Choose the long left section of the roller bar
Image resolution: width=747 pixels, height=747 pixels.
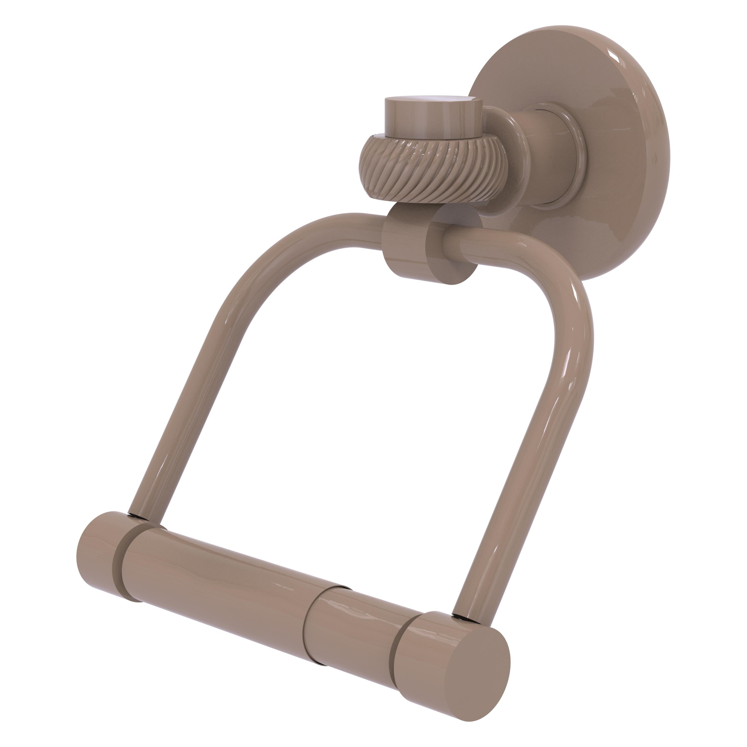coord(232,580)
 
